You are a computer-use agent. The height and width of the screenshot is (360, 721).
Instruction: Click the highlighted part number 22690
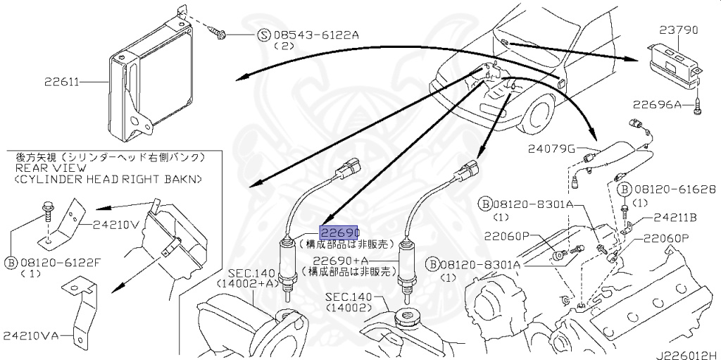click(x=340, y=232)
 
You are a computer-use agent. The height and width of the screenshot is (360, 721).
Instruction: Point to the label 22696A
click(x=657, y=105)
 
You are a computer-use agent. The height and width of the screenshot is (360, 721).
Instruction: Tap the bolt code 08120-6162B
click(x=672, y=190)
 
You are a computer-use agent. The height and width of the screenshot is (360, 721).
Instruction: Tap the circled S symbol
click(x=263, y=34)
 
